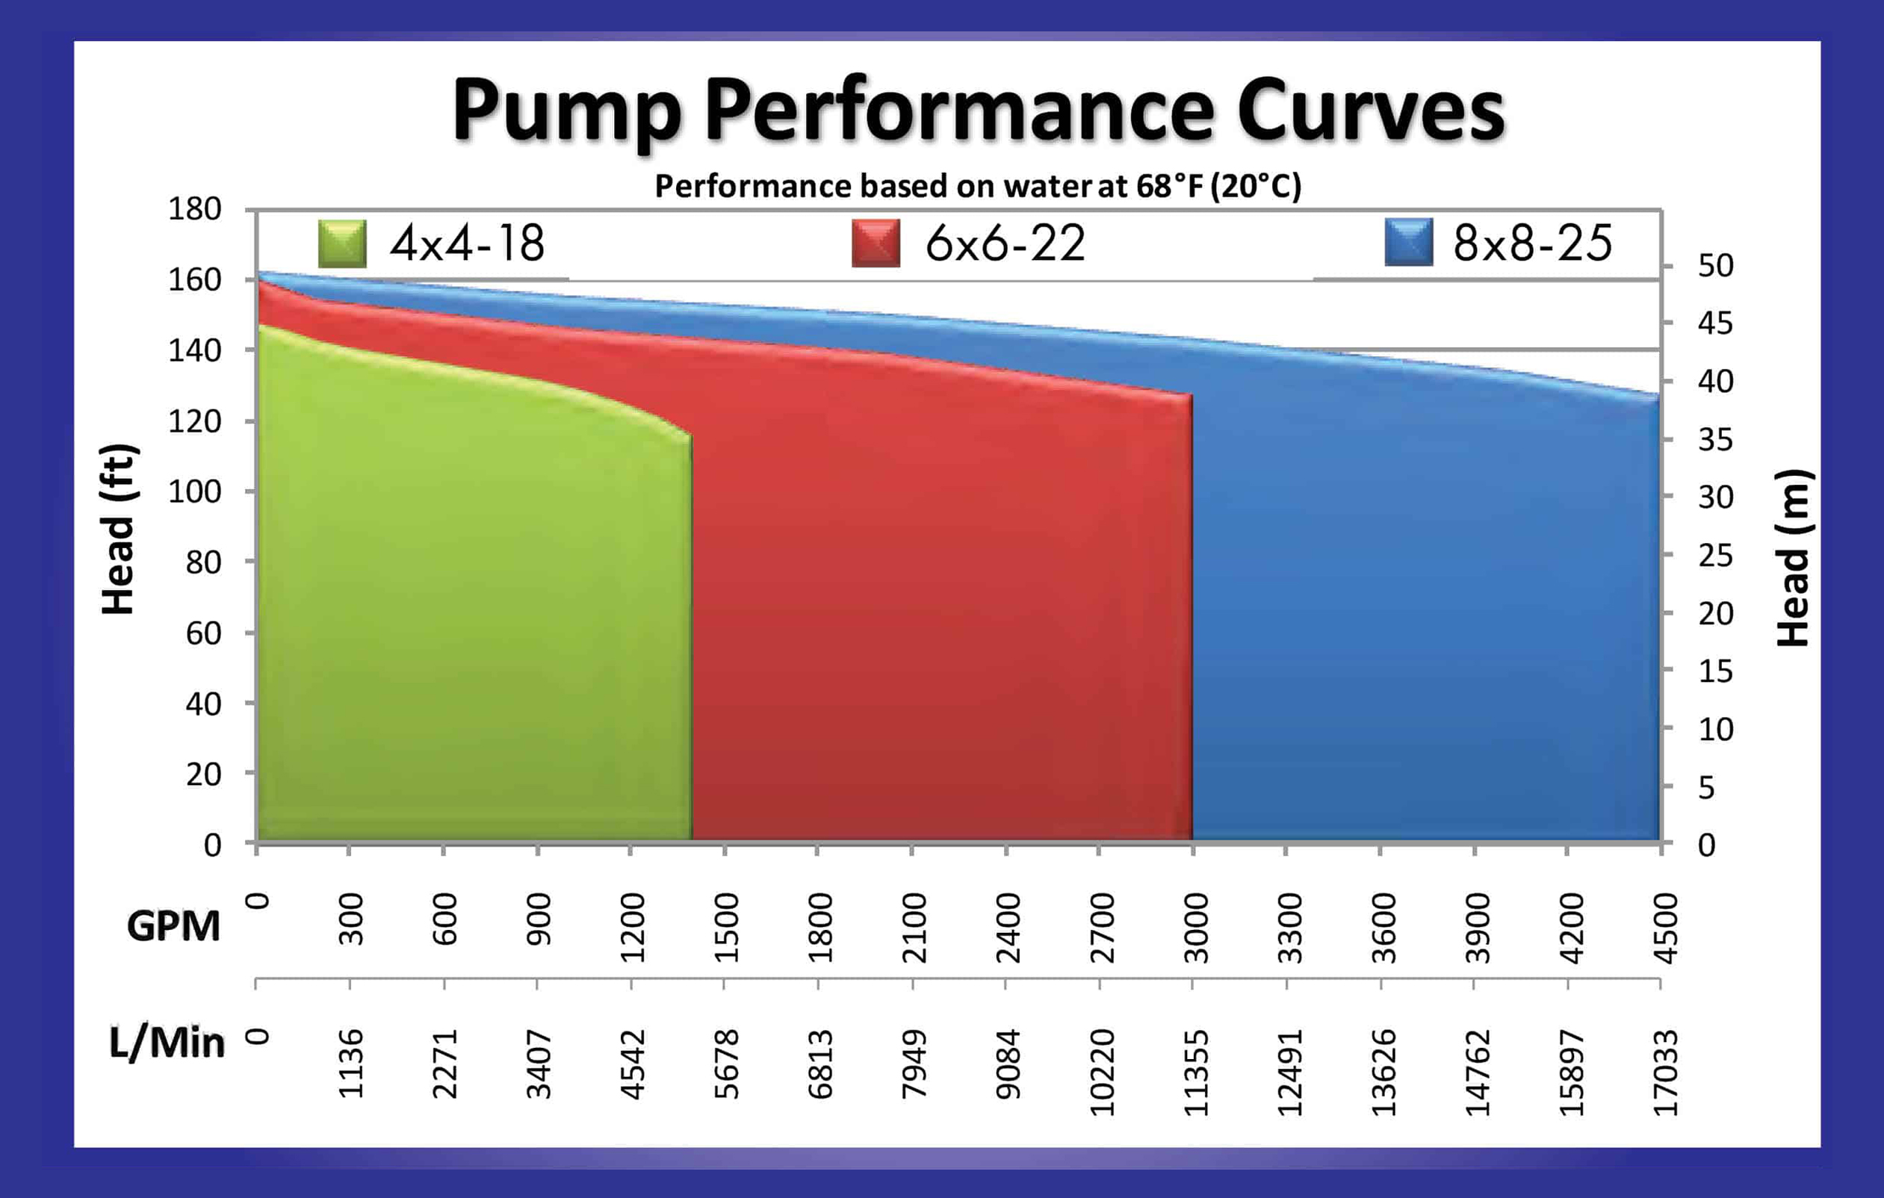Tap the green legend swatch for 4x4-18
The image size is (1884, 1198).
(343, 243)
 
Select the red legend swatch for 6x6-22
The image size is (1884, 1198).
(876, 243)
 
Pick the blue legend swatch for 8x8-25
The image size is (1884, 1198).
(1408, 243)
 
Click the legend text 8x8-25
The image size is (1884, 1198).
(1532, 243)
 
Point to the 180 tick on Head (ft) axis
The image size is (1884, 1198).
(195, 210)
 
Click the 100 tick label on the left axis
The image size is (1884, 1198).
(195, 492)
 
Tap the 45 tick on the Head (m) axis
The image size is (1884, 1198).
(1715, 323)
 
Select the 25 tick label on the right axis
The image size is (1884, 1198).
(1715, 556)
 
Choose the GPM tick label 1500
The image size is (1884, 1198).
(726, 928)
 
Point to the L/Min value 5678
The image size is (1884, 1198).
(726, 1064)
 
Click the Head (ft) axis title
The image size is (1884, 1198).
(119, 529)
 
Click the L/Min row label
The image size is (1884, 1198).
(167, 1043)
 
